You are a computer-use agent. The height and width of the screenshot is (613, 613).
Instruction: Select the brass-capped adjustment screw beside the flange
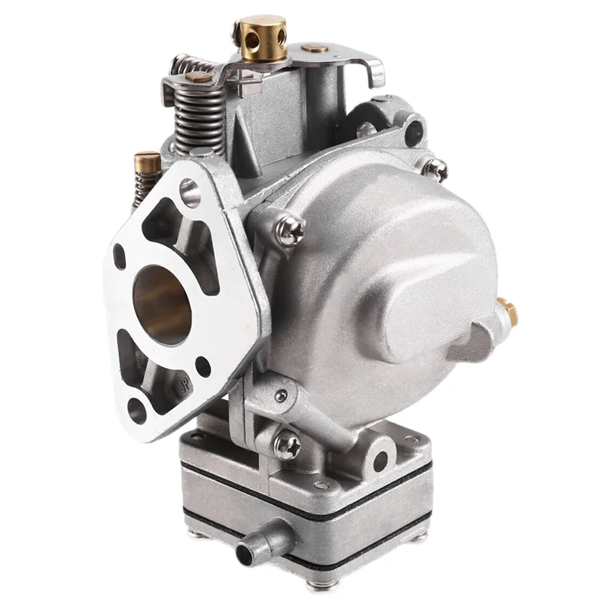coord(147,163)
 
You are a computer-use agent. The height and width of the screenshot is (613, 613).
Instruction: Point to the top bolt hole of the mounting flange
coord(189,192)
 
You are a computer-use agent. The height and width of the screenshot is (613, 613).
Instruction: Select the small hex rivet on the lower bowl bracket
coord(281,395)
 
